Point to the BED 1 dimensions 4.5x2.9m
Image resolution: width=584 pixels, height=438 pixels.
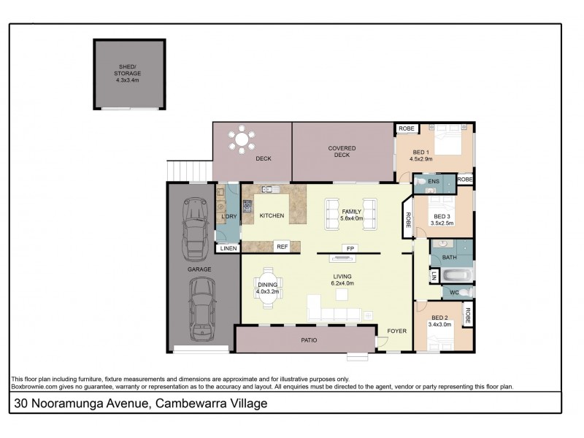[421, 158]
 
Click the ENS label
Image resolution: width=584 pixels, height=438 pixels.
[434, 181]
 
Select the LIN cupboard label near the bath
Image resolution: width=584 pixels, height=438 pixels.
[434, 275]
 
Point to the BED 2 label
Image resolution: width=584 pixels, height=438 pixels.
[439, 317]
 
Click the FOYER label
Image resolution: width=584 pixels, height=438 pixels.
[397, 331]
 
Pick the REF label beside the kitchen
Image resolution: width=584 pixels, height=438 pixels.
[282, 247]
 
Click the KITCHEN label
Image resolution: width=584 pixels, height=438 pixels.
[272, 216]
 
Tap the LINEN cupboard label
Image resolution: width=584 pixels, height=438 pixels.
[228, 249]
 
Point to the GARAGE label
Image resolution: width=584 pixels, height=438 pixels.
[199, 269]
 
